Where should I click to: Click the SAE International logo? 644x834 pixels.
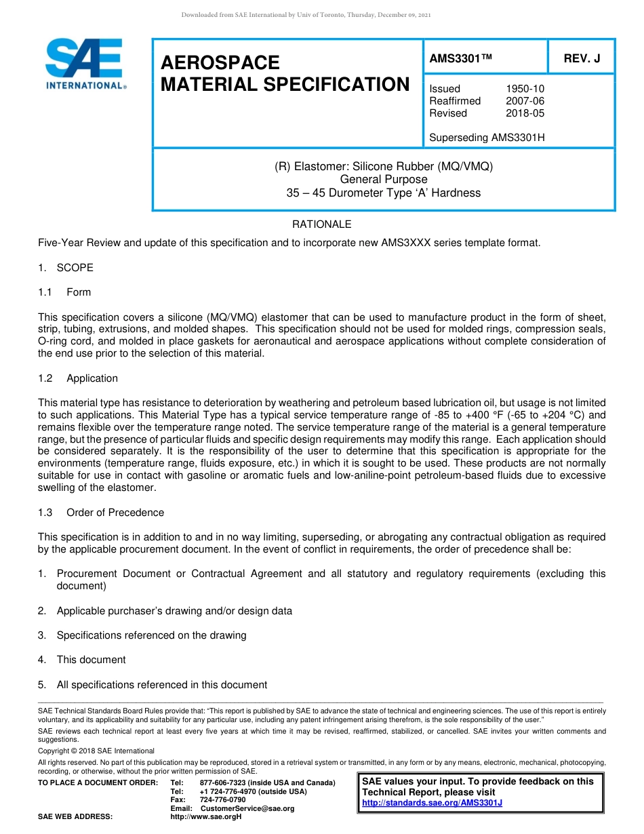pos(84,64)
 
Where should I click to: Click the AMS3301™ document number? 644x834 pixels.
pos(460,59)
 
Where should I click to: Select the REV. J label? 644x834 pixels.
pos(582,59)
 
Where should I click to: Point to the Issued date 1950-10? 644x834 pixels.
pos(525,89)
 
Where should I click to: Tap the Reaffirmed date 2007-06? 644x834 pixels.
pos(525,101)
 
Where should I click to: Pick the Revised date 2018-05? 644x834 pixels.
pos(525,113)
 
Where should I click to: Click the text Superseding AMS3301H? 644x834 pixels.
pos(487,138)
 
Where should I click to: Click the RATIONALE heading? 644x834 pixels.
pos(321,224)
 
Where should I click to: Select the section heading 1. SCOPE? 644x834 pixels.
pos(66,268)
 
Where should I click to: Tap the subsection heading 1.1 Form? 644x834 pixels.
pos(64,292)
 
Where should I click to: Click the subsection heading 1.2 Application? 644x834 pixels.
pos(78,378)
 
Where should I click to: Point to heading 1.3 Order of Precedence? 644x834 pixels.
pos(101,513)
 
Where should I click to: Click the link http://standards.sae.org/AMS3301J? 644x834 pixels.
pos(432,803)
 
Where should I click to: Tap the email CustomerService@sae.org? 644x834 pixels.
pos(247,808)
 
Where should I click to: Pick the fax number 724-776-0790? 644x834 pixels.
pos(222,800)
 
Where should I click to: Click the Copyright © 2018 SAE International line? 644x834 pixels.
pos(96,751)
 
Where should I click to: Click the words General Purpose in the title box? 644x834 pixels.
pos(384,180)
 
